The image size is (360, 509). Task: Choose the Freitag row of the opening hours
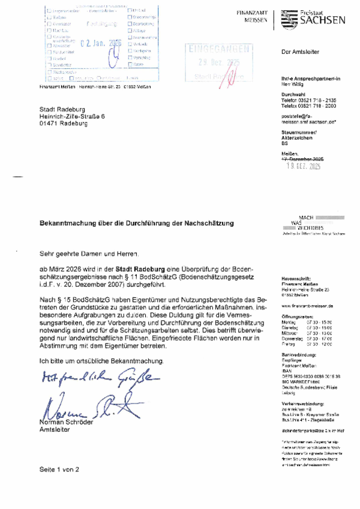(x=302, y=344)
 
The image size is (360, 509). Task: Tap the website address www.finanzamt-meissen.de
(x=307, y=306)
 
